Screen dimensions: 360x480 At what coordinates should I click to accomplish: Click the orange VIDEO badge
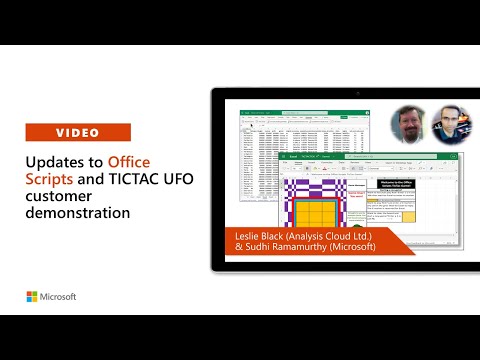pyautogui.click(x=78, y=132)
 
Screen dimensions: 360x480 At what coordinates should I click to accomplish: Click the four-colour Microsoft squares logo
pyautogui.click(x=33, y=297)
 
